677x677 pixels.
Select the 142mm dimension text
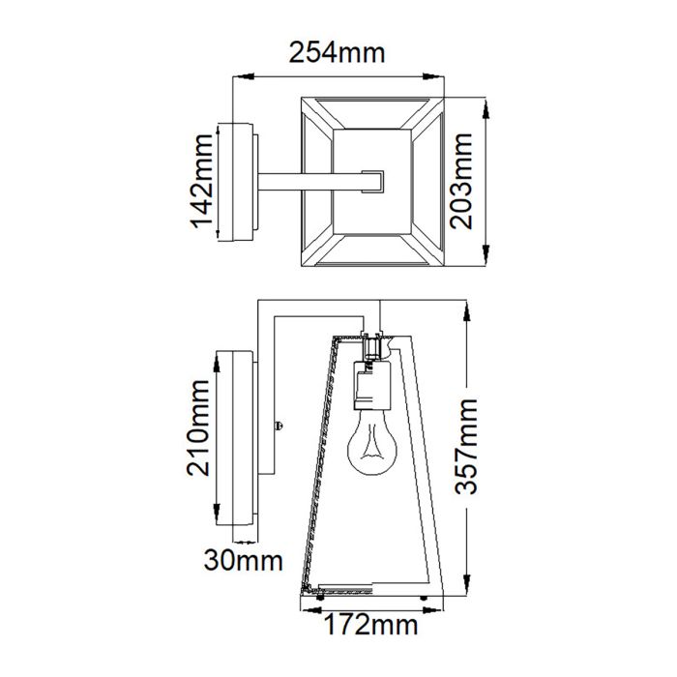coord(202,181)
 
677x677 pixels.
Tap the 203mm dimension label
coord(468,181)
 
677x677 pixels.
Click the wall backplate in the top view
coord(242,181)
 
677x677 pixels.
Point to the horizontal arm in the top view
coord(309,181)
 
